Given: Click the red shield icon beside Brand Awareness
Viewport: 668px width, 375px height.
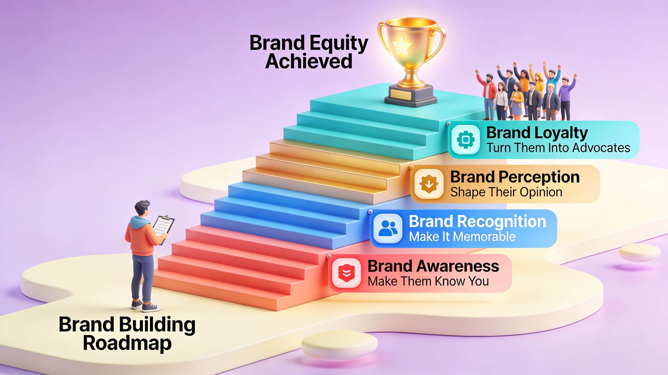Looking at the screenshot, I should [x=346, y=273].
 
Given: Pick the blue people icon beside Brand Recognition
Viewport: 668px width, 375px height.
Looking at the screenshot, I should [x=388, y=228].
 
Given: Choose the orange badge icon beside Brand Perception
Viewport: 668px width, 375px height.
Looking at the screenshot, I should [x=429, y=184].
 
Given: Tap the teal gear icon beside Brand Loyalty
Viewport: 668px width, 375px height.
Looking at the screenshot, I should [x=466, y=139].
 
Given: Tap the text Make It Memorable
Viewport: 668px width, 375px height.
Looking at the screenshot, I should [x=462, y=237].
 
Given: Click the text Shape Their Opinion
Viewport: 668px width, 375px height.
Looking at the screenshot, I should [x=506, y=192].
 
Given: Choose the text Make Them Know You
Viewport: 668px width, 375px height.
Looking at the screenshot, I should [x=428, y=281].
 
